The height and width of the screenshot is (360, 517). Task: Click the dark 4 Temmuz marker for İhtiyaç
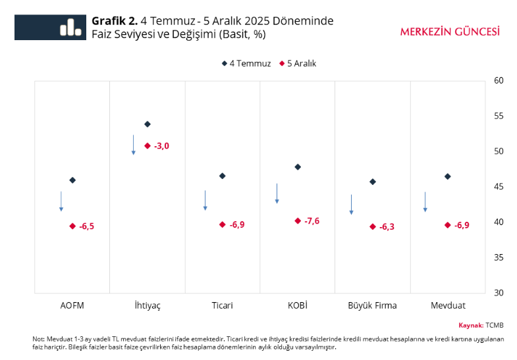tap(148, 124)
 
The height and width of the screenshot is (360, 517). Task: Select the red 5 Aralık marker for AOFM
tap(72, 226)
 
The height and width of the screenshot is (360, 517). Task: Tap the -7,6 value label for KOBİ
tap(312, 221)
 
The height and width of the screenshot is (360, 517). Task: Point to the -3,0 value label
tap(161, 145)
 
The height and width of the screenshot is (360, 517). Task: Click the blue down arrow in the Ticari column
tap(205, 200)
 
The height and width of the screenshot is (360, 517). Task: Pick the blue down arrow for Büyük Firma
tap(351, 204)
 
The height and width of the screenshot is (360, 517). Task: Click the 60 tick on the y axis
tap(499, 80)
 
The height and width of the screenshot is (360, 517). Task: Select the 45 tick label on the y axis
tap(499, 186)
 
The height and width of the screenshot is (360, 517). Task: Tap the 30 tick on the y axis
tap(499, 292)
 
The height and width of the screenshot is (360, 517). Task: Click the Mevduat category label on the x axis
tap(447, 305)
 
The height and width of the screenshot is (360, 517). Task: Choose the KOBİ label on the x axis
tap(298, 305)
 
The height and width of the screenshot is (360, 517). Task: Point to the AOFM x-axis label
tap(72, 305)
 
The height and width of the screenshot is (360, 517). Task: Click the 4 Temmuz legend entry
tap(246, 63)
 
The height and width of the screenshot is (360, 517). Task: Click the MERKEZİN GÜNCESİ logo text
tap(449, 31)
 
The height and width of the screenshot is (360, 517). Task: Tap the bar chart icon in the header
tap(68, 28)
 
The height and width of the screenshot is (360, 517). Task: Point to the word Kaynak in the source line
tap(470, 325)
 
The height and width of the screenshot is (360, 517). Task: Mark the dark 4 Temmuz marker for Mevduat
tap(448, 176)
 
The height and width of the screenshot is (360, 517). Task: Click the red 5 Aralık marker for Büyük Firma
tap(373, 226)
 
